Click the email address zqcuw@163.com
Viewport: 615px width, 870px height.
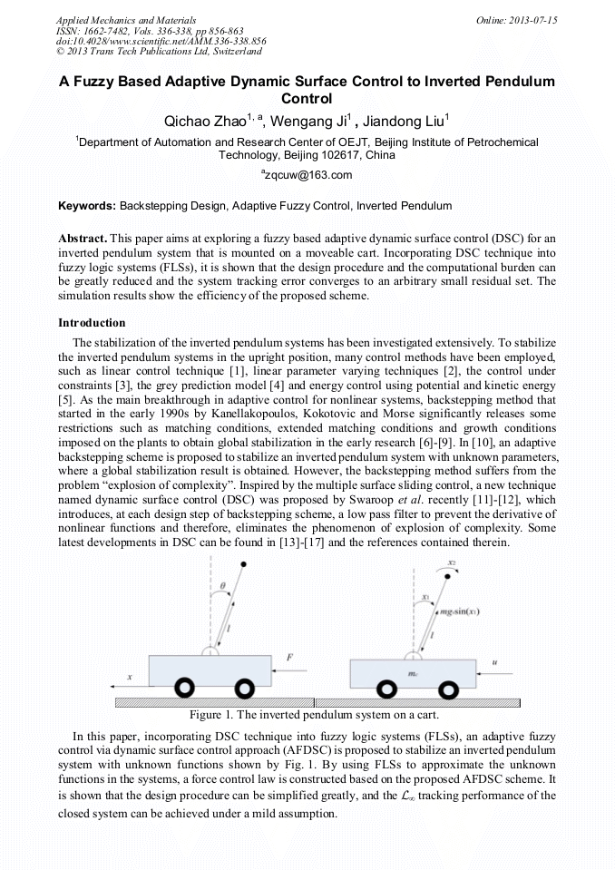pos(308,175)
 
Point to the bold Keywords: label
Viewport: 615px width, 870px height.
pos(87,206)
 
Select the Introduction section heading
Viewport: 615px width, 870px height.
pos(92,323)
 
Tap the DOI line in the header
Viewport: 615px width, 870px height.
pos(161,41)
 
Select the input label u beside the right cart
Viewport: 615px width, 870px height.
pos(495,662)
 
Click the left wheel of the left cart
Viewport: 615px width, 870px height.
pos(184,687)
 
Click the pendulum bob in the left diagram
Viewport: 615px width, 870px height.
pos(245,564)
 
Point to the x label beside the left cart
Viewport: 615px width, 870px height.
pos(130,677)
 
